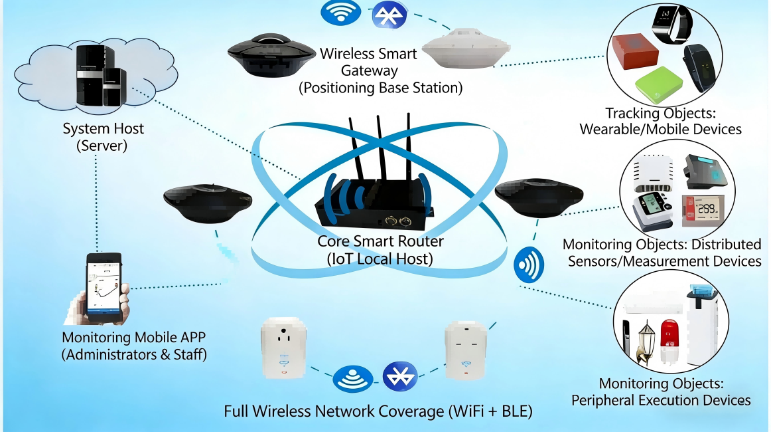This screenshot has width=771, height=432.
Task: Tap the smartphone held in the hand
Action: tap(104, 284)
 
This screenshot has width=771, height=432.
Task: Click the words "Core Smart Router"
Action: tap(380, 241)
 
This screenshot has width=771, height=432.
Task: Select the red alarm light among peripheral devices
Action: tap(669, 339)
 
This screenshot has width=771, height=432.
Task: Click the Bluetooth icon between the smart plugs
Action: tap(400, 377)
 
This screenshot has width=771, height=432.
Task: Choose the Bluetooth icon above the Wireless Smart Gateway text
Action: tap(388, 14)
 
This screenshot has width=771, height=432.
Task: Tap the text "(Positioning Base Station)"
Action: tap(380, 88)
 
